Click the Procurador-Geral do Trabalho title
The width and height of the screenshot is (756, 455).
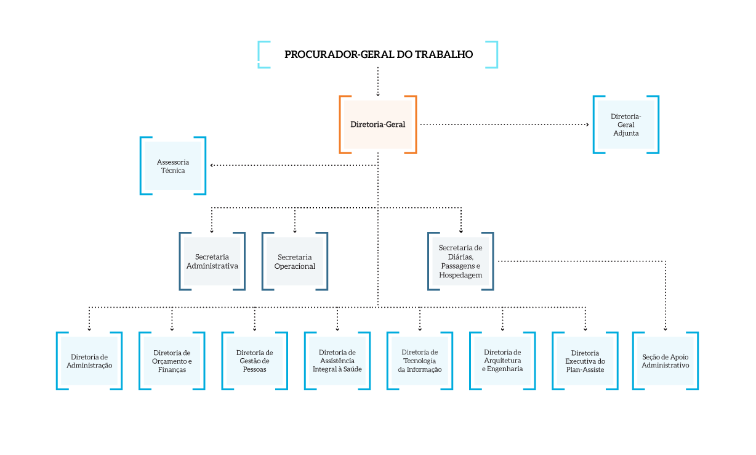pos(378,54)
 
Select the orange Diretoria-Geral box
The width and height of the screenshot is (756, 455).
pos(378,125)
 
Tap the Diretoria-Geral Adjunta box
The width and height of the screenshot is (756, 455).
pos(625,125)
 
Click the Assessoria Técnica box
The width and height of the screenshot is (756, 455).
pos(173,166)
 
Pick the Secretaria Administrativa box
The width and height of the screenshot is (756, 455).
pos(212,261)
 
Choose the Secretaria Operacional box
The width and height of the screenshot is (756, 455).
pos(294,261)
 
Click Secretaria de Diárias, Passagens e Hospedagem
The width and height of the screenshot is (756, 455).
pos(460,261)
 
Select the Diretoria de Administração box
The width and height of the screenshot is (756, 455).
pos(89,361)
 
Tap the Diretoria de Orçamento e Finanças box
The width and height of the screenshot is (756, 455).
pos(172,361)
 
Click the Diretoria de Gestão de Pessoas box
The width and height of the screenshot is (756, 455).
pos(254,361)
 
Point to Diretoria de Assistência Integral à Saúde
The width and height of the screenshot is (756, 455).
pos(337,361)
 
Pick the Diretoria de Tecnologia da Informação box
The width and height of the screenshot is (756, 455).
pos(420,361)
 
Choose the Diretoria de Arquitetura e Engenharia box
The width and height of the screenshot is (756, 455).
pos(502,361)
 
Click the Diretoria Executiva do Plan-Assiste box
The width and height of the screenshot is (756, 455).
pos(585,361)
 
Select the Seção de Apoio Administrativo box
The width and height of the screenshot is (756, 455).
pos(666,361)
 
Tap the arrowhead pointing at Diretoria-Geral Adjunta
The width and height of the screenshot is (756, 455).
pos(587,125)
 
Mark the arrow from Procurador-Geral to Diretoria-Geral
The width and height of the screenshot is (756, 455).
pos(378,81)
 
